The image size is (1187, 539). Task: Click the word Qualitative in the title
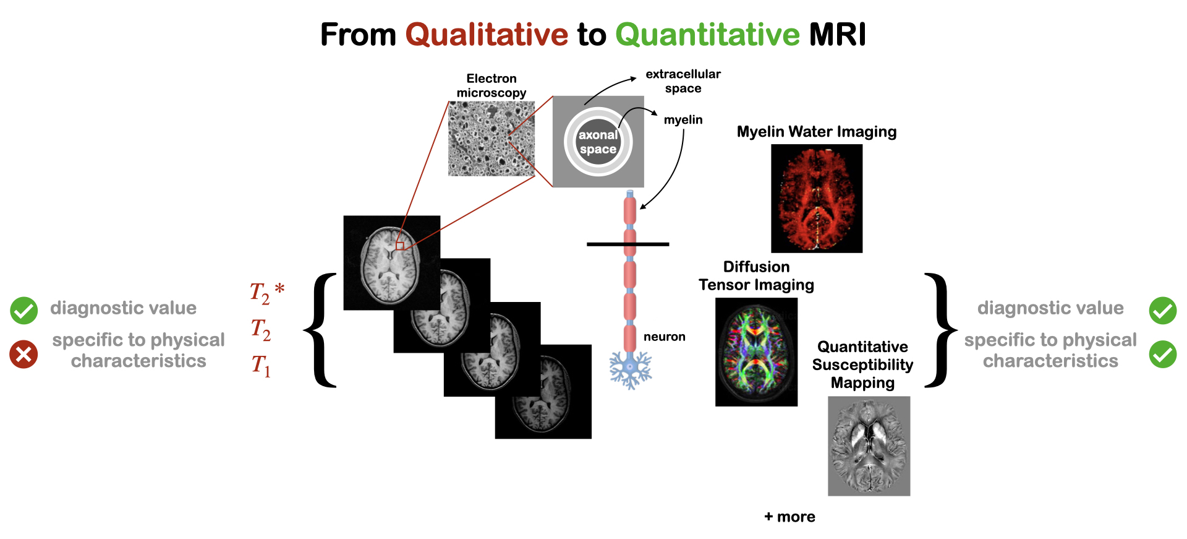coord(487,35)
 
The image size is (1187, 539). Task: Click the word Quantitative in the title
coord(708,35)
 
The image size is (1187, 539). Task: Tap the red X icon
coord(23,354)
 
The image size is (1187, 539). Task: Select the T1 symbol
coord(261,365)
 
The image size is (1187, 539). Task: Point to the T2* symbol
coord(266,293)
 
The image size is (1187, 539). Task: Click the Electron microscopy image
coord(491,139)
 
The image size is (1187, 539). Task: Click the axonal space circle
coord(598,142)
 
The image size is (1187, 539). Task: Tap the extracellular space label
coord(683,81)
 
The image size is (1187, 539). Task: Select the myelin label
coord(683,120)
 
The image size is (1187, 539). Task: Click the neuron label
coord(664,337)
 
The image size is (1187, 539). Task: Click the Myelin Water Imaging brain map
coord(817,199)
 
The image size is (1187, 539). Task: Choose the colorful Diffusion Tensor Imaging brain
coord(756,352)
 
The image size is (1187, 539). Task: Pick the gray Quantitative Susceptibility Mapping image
coord(869,446)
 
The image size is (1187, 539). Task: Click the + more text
coord(789,517)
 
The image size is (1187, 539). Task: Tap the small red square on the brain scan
coord(400,246)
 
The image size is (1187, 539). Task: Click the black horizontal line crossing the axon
coord(628,244)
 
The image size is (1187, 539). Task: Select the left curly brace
coord(321,330)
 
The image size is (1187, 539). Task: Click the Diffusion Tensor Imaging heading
coord(756,276)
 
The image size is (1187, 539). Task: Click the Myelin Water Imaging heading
coord(816,132)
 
